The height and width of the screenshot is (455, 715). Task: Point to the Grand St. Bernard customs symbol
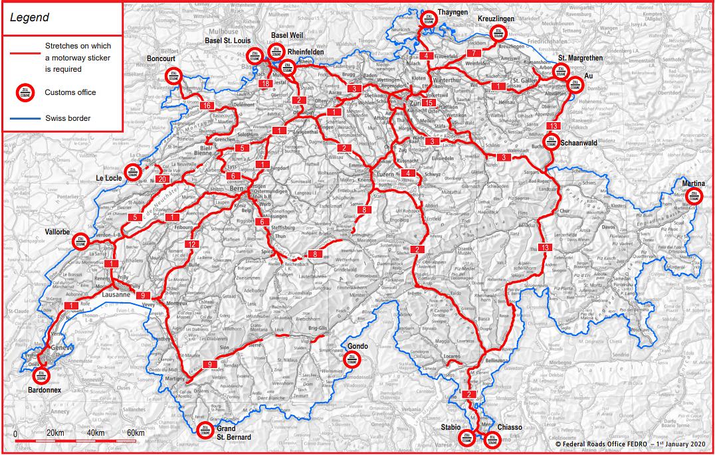click(205, 428)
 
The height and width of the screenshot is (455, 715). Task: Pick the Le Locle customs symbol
click(132, 171)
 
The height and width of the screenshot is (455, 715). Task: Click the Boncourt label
click(161, 58)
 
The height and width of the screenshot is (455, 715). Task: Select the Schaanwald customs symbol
click(551, 141)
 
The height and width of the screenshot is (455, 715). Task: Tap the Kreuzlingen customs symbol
click(498, 34)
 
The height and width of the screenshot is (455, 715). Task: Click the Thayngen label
click(453, 12)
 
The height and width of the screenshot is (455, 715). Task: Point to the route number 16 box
click(207, 106)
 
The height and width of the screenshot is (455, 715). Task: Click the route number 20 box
click(162, 179)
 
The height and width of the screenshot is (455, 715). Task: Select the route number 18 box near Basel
click(266, 84)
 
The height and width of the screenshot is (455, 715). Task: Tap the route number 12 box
click(192, 244)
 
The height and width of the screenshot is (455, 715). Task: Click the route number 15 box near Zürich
click(430, 103)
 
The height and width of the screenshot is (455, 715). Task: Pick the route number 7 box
click(473, 53)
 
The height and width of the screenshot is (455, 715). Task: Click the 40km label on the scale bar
click(95, 433)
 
